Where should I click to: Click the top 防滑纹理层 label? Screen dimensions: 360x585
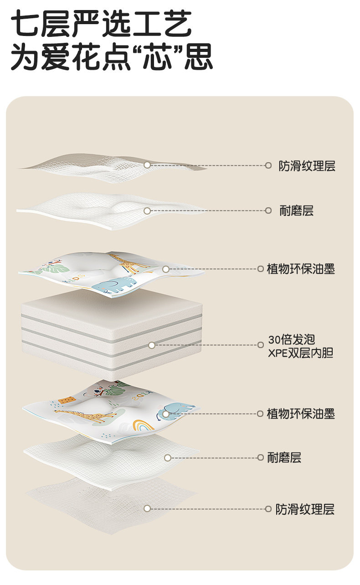click(x=307, y=166)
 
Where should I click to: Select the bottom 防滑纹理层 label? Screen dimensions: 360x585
click(x=305, y=509)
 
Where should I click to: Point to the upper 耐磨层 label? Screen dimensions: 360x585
click(x=296, y=210)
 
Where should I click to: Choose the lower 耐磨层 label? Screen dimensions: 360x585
click(x=284, y=457)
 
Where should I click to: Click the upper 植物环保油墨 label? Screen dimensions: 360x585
click(x=301, y=269)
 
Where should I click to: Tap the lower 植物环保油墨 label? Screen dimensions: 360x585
click(x=301, y=414)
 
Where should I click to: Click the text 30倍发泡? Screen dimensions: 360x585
click(x=292, y=340)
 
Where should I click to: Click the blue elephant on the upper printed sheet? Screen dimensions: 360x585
click(x=114, y=284)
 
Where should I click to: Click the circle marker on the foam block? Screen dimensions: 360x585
click(x=152, y=345)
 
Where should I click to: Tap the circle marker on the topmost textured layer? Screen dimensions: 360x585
click(x=147, y=165)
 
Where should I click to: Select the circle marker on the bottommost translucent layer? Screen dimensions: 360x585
click(x=147, y=508)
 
